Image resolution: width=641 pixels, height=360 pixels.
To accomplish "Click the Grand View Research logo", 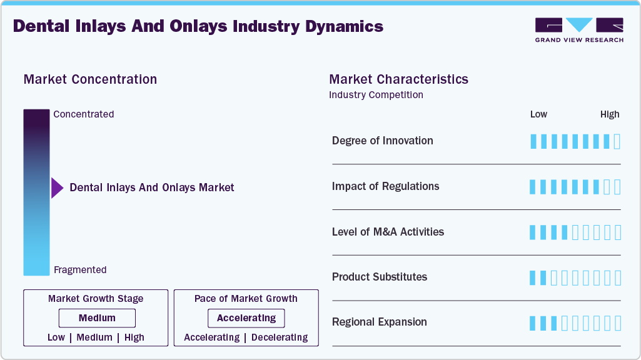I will [579, 29].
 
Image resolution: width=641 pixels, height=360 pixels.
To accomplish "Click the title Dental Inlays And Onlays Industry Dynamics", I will [198, 26].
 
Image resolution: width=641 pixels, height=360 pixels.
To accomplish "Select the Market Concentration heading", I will [90, 79].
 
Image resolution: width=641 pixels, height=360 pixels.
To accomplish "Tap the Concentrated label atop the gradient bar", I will [84, 114].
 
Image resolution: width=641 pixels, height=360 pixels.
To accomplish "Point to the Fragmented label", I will [80, 270].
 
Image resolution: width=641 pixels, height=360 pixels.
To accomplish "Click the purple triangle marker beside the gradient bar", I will [57, 187].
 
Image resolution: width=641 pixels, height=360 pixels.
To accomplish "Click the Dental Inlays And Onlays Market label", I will [152, 187].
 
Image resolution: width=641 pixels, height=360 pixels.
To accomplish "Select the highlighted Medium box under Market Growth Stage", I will [97, 318].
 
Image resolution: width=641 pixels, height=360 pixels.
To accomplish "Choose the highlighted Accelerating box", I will [246, 318].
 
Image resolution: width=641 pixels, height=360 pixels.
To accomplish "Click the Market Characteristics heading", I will [398, 79].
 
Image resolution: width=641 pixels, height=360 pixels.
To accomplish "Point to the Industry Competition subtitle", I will [376, 95].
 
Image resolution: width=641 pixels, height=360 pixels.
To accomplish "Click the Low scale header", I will [538, 114].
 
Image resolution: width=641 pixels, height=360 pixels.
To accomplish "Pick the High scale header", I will [610, 114].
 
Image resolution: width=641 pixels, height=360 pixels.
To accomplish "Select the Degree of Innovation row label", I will [382, 141].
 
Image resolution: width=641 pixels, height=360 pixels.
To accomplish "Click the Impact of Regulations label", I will [385, 186].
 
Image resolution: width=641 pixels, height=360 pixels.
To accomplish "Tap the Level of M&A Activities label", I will [388, 232].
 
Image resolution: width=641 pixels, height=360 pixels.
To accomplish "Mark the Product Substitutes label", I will [380, 277].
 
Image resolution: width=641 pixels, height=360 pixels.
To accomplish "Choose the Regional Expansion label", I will [380, 322].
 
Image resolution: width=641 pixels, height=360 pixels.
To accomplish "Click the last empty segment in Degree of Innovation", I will [617, 141].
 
